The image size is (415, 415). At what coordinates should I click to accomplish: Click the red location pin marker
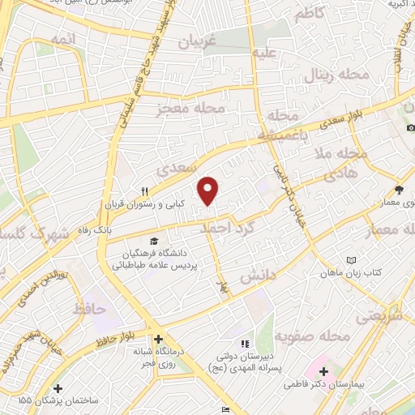[x=209, y=191]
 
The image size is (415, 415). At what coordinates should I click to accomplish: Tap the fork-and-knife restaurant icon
[x=144, y=192]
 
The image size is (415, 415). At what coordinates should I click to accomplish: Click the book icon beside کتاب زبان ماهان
[x=351, y=259]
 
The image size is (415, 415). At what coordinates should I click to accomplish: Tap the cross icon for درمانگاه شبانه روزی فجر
[x=158, y=339]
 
